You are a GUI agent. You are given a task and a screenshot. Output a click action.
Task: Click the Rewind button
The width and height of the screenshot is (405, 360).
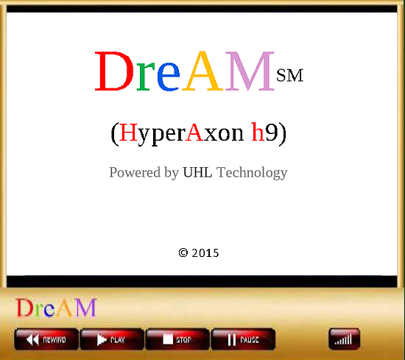[46, 339]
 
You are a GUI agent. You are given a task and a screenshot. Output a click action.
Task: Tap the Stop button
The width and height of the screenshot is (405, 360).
[177, 339]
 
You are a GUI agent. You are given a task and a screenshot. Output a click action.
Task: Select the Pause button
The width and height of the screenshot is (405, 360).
[243, 339]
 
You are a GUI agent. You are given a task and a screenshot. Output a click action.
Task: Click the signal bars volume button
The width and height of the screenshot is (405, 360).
[344, 339]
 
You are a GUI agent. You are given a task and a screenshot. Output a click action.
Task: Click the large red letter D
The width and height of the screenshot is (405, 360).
[114, 71]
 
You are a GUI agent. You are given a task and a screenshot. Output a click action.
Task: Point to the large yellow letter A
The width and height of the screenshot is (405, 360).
[202, 71]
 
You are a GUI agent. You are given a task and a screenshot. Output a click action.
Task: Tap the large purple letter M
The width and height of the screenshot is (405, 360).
[250, 71]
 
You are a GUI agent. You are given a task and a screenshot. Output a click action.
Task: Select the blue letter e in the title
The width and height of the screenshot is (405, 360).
[169, 77]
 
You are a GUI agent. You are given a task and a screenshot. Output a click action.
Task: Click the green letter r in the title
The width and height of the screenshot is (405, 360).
[146, 77]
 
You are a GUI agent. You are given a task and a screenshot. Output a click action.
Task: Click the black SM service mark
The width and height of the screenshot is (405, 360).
[289, 75]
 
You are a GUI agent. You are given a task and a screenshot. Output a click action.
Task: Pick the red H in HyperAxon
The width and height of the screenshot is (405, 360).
[128, 133]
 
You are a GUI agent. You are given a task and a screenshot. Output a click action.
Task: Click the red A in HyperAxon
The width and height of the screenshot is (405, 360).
[194, 132]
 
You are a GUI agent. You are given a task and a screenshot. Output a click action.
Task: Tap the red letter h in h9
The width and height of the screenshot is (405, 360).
[258, 132]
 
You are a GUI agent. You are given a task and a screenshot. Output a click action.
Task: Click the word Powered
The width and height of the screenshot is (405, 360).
[135, 172]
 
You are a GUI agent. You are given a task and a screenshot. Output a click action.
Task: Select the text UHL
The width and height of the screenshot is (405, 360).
[197, 172]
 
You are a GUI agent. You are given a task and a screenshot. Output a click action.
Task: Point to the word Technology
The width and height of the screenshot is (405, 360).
[252, 172]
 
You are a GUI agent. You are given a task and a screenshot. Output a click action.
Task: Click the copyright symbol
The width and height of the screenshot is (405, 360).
[183, 253]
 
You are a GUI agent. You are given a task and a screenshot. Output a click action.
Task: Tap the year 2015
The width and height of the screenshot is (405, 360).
[205, 253]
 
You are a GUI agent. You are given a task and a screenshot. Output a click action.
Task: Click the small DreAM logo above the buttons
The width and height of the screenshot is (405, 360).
[56, 307]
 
